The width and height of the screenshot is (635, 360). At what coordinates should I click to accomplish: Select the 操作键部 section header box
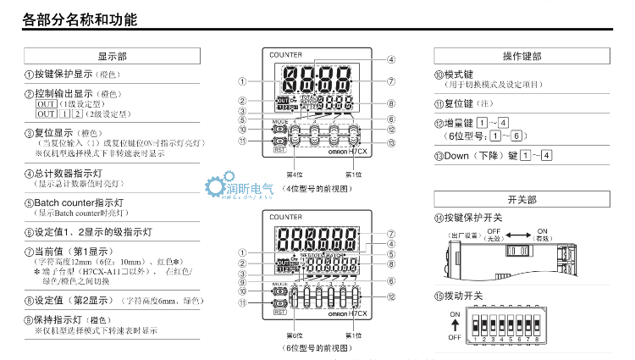(522, 56)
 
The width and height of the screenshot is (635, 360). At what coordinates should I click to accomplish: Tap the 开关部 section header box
(522, 200)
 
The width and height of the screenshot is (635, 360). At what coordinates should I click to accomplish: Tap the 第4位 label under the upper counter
(294, 174)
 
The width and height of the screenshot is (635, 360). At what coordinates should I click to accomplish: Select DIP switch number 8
(538, 338)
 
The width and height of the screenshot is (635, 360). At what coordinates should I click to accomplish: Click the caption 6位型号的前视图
(317, 348)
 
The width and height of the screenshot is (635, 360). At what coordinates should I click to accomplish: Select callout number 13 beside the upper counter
(390, 142)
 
